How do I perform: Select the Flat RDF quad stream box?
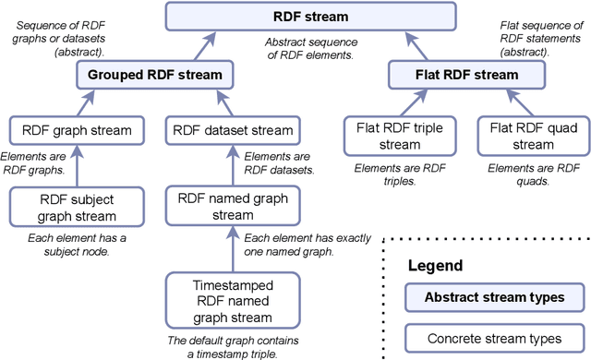tap(521, 136)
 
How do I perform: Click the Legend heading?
tap(436, 267)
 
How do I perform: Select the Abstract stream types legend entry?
tap(496, 297)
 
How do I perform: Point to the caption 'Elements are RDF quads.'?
tap(522, 174)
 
